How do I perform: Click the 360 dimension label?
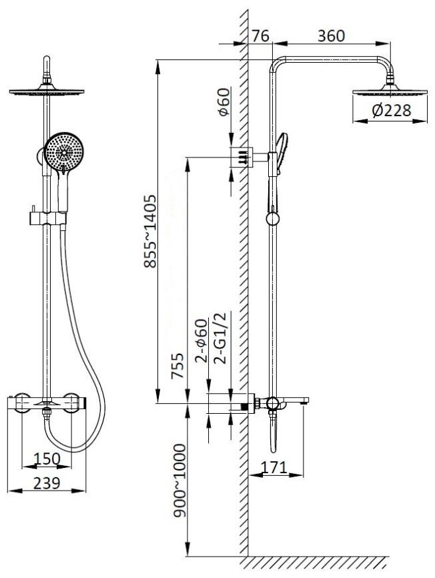tap(331, 36)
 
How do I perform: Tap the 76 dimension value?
tap(261, 36)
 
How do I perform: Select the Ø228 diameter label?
tap(391, 110)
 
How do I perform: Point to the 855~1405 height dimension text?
tap(150, 232)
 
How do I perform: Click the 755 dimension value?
tap(177, 365)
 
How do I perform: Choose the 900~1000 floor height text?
tap(180, 481)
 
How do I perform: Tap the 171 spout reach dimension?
tap(274, 467)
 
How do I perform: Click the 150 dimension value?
tap(47, 459)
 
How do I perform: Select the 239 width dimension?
tap(47, 483)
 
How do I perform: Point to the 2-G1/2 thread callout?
tap(222, 337)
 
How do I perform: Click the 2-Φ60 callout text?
tap(201, 341)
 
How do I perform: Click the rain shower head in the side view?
tap(390, 91)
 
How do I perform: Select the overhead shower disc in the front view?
tap(47, 91)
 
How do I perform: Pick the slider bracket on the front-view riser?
tap(48, 218)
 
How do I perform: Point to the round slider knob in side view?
tap(273, 219)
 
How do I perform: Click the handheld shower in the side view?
tap(282, 154)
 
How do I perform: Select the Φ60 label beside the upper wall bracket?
tap(224, 101)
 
